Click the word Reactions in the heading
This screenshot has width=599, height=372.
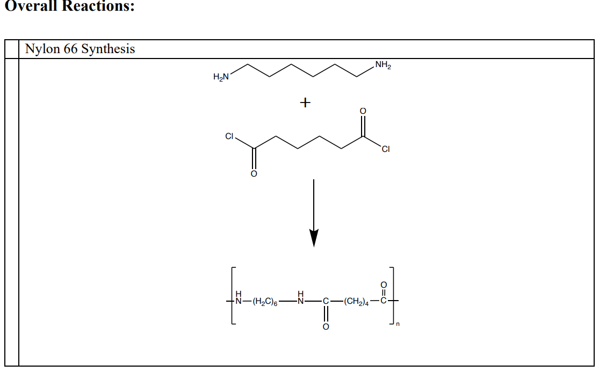[95, 7]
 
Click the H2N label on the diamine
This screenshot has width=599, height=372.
[221, 77]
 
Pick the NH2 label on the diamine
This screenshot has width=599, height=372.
[383, 66]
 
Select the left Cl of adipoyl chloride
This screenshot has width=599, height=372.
[229, 137]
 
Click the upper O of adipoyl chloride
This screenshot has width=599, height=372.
[363, 111]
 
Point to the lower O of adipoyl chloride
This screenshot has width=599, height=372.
[254, 174]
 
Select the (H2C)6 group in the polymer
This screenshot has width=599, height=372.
[264, 303]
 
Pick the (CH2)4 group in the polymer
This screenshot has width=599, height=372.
[356, 303]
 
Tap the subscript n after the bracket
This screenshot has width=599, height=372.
[398, 323]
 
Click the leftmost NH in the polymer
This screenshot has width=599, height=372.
[239, 300]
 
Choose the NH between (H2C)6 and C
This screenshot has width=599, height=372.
[301, 300]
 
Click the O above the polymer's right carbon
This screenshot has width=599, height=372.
[383, 283]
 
